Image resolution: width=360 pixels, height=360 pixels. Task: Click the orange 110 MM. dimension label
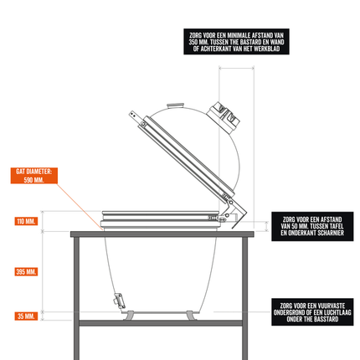[x=26, y=222]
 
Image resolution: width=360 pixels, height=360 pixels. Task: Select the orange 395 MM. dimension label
[x=26, y=271]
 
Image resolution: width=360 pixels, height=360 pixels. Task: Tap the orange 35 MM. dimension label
[x=26, y=316]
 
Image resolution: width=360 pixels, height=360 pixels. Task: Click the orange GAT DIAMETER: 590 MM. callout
[x=34, y=176]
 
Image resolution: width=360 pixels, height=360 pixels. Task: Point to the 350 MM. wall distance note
[x=236, y=42]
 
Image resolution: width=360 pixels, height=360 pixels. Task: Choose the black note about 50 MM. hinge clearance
[x=312, y=226]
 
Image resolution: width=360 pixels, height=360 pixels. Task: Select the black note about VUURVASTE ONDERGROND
[x=312, y=312]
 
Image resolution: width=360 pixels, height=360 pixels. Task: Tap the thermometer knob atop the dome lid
[x=176, y=106]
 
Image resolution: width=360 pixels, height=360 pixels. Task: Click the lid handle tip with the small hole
[x=132, y=115]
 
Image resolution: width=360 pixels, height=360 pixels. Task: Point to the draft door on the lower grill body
[x=119, y=301]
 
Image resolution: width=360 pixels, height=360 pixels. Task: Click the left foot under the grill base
[x=128, y=316]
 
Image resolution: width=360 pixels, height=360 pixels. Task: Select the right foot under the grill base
[x=192, y=316]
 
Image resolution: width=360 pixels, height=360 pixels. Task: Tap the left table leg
[x=76, y=298]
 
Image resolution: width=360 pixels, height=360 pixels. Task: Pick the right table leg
[x=244, y=298]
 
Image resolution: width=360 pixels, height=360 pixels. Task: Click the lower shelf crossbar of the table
[x=161, y=323]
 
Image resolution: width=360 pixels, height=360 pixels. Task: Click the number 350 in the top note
[x=193, y=42]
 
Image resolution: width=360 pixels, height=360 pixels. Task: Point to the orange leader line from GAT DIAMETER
[x=80, y=207]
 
